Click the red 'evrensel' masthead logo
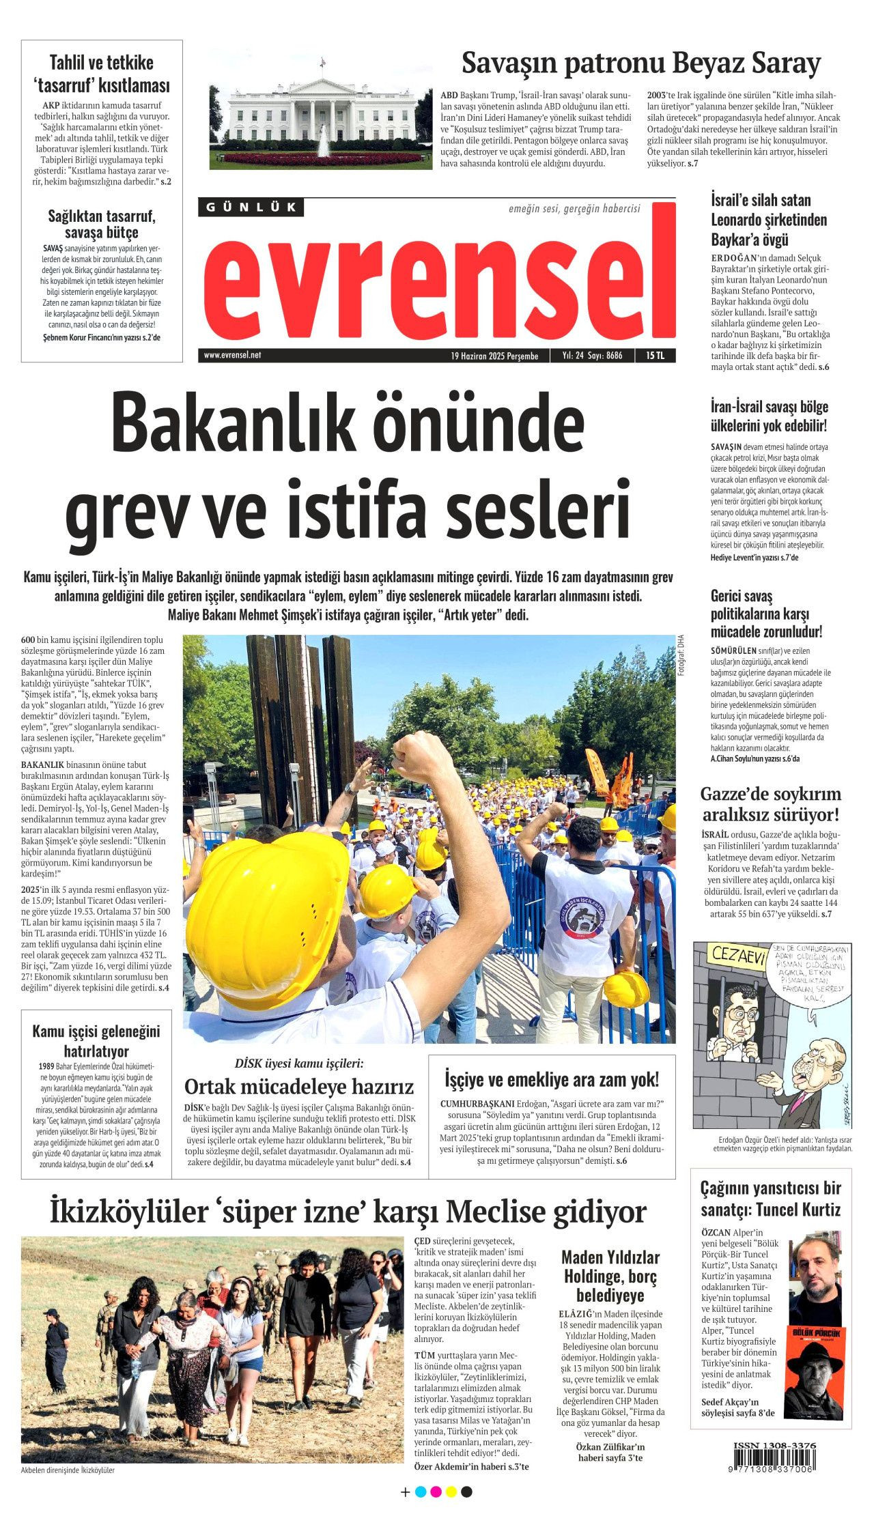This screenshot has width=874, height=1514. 437,280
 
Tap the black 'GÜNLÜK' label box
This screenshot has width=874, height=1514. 251,208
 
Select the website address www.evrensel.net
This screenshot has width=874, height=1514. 232,356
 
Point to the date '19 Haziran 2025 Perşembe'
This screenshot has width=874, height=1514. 494,356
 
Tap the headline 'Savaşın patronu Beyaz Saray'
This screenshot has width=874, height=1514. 640,63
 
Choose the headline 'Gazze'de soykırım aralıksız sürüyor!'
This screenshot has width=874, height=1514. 770,804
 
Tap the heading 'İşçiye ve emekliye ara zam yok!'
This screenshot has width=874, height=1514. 552,1079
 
